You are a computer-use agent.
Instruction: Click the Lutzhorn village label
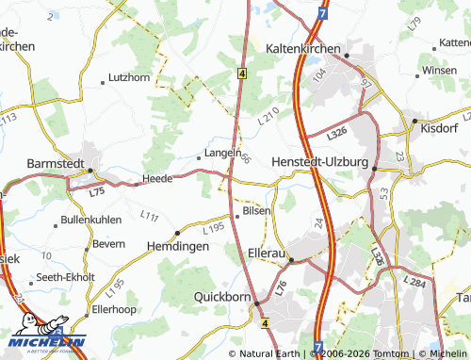pyautogui.click(x=129, y=77)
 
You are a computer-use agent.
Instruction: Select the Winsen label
pyautogui.click(x=439, y=70)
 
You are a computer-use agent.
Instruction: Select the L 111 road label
pyautogui.click(x=149, y=218)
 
